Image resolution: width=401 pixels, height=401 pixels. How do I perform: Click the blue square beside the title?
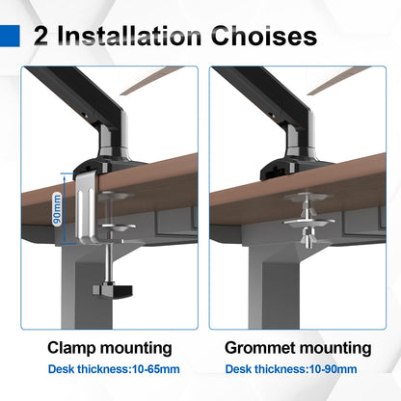click(10, 36)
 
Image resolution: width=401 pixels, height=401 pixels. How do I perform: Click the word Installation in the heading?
click(129, 36)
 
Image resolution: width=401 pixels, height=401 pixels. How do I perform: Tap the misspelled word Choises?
click(264, 36)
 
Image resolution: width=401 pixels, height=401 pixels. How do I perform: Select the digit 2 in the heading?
click(40, 36)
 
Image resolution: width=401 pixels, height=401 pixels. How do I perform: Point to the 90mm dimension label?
click(58, 209)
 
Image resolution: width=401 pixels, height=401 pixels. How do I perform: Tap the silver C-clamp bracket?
click(86, 209)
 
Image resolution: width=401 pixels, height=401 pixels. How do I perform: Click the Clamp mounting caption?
click(110, 348)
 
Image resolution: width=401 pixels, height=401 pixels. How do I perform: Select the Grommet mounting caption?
click(298, 348)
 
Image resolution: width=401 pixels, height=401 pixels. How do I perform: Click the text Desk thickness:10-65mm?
click(114, 369)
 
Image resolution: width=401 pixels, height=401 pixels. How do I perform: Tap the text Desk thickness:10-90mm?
click(291, 369)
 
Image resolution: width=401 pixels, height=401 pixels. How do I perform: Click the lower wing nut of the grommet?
click(307, 238)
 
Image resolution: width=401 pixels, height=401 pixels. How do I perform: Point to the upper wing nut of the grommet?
click(307, 210)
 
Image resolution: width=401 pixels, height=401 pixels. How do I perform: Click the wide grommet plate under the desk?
click(308, 223)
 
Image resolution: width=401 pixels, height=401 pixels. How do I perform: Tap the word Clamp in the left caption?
click(71, 348)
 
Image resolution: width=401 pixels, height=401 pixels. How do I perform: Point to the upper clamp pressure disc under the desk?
click(117, 196)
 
